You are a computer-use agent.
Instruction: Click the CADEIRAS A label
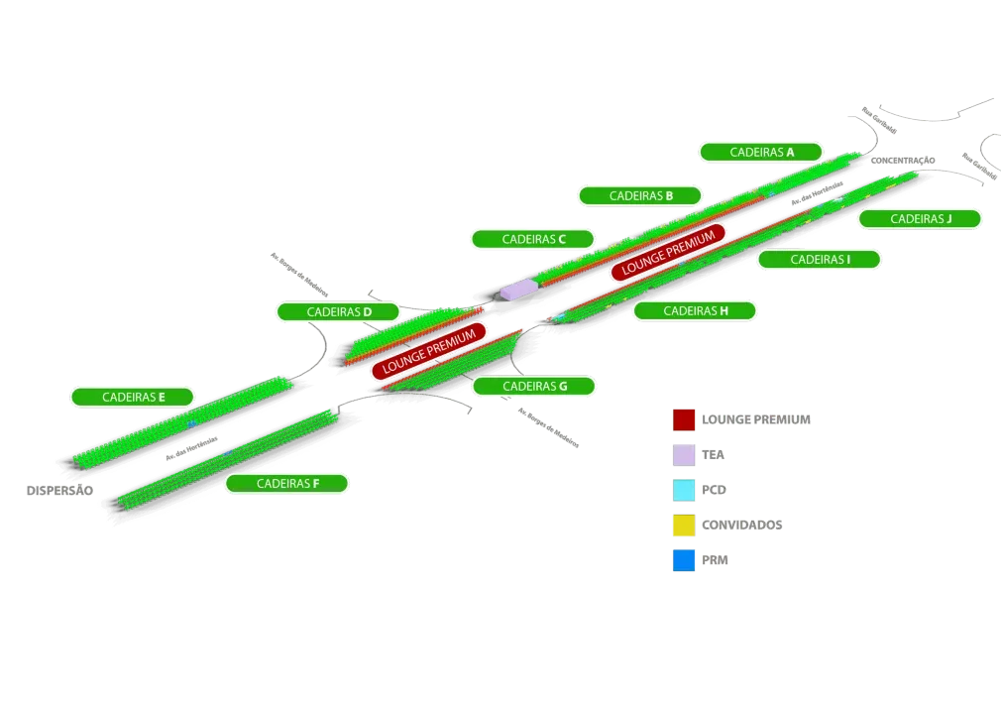(x=761, y=152)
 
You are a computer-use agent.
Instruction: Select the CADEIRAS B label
(x=640, y=195)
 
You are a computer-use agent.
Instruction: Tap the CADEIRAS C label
(x=532, y=239)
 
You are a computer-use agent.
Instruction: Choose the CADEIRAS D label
(x=338, y=311)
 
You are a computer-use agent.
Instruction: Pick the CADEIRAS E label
(x=133, y=397)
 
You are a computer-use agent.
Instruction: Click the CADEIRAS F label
(x=286, y=484)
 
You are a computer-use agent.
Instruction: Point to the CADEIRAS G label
(x=533, y=386)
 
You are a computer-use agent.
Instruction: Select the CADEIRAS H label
(x=695, y=310)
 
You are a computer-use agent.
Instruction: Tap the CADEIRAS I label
(x=819, y=259)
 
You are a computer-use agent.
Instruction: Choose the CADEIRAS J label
(x=920, y=218)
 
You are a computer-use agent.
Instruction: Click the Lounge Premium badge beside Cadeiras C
(x=667, y=252)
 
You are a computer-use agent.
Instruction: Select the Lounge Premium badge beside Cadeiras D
(x=430, y=350)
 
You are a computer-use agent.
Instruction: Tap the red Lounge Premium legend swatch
(x=684, y=419)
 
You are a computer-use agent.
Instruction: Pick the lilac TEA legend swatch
(x=684, y=454)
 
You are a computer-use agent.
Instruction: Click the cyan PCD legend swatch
(x=684, y=490)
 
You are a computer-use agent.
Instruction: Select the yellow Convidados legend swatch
(x=684, y=525)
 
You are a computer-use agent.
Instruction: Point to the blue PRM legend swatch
(x=684, y=560)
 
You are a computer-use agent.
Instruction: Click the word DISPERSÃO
(x=59, y=491)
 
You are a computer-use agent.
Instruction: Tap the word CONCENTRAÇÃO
(x=901, y=161)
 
